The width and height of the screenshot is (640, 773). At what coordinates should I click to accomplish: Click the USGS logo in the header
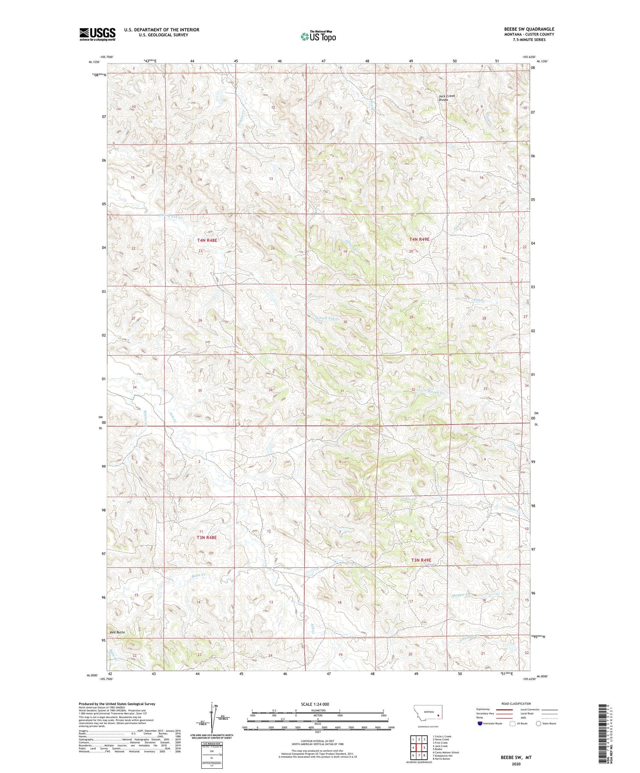pyautogui.click(x=97, y=34)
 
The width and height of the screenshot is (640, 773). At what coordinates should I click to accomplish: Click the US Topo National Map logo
pyautogui.click(x=318, y=36)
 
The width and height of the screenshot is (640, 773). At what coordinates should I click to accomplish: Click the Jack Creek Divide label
pyautogui.click(x=447, y=98)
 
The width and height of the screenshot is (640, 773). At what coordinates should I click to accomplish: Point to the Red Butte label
pyautogui.click(x=117, y=632)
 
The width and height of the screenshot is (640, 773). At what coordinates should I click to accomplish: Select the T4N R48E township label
pyautogui.click(x=207, y=240)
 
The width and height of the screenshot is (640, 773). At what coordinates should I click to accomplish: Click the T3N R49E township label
pyautogui.click(x=421, y=560)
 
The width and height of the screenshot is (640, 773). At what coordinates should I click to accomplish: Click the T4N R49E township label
pyautogui.click(x=419, y=240)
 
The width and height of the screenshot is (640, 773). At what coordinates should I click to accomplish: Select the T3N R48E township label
pyautogui.click(x=207, y=538)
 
